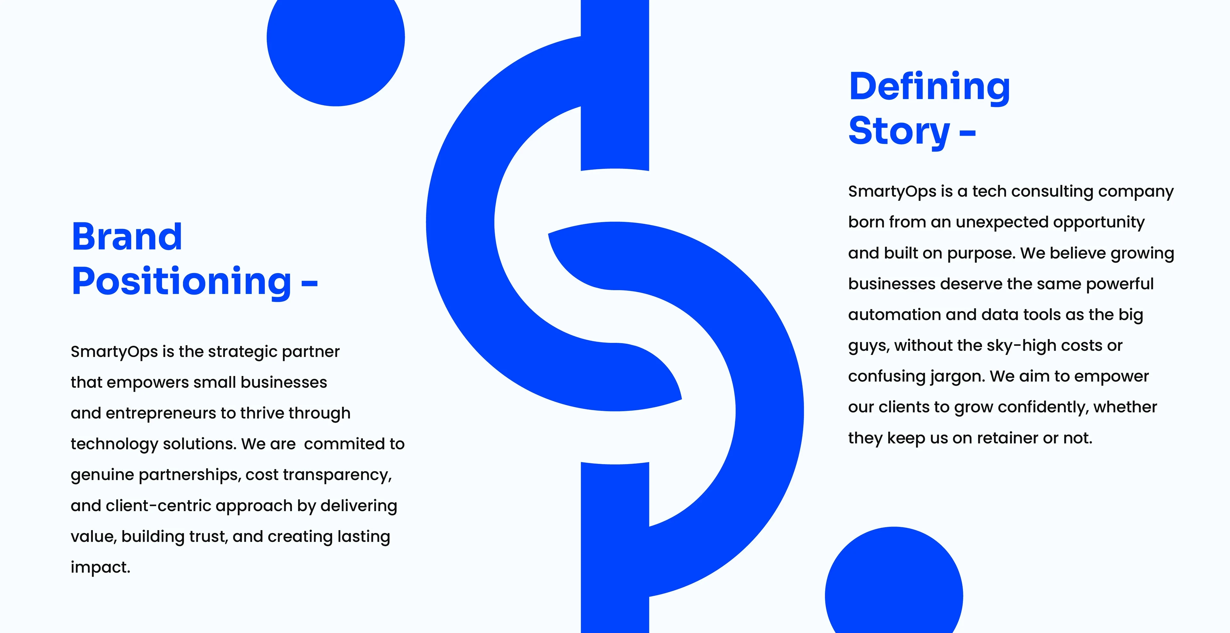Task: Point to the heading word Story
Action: click(x=899, y=131)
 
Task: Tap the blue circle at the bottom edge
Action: click(x=894, y=580)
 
